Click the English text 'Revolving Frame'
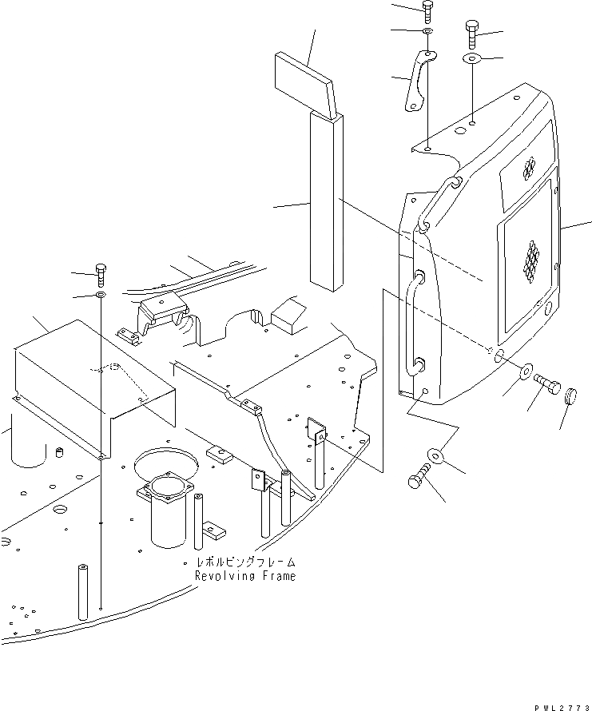click(244, 575)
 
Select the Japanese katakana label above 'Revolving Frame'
click(239, 562)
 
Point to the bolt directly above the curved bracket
click(428, 11)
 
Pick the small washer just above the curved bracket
click(428, 31)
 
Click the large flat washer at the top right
click(471, 59)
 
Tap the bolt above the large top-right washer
click(471, 35)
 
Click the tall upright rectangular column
click(328, 200)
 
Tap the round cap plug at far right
click(571, 396)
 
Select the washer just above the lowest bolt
click(436, 455)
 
